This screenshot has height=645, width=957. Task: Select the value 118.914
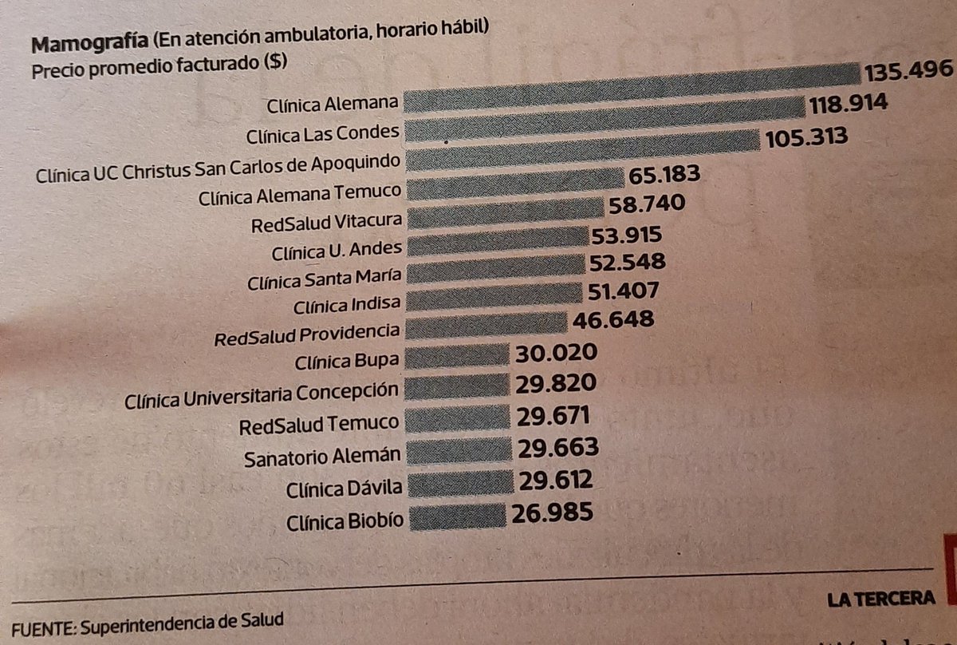[849, 105]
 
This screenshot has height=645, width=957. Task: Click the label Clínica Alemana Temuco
[301, 192]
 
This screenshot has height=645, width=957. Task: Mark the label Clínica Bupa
[347, 361]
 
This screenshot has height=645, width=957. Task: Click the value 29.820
[557, 384]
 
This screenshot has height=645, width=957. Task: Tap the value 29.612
[555, 479]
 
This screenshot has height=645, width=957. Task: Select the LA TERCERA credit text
[880, 599]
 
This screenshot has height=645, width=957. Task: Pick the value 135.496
[908, 70]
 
